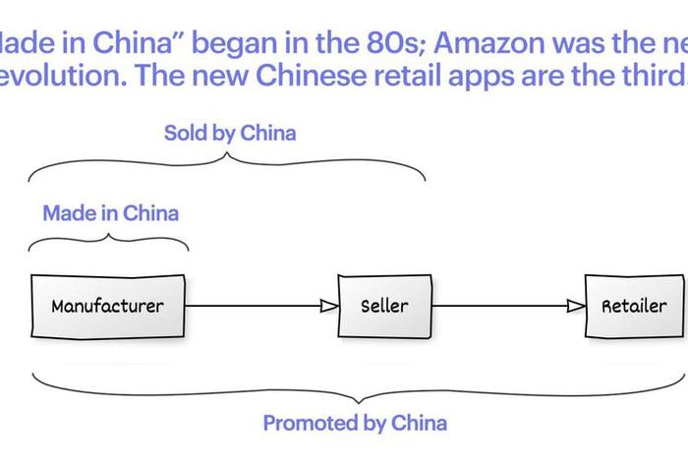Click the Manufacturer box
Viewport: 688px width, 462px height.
(107, 306)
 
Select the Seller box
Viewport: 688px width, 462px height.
(383, 306)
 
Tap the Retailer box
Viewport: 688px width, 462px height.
(634, 306)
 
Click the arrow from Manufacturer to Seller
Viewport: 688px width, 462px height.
(260, 306)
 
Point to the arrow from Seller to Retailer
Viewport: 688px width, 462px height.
(507, 306)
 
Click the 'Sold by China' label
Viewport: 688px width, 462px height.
(229, 133)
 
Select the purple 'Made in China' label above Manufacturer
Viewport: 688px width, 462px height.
(111, 212)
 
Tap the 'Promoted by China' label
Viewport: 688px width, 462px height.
(354, 424)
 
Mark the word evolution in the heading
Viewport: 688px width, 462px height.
(49, 79)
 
